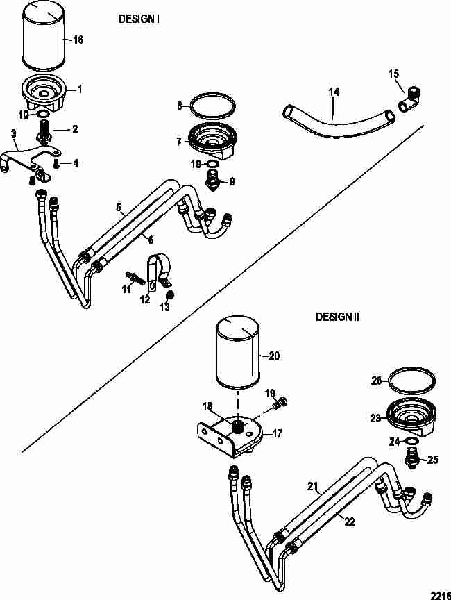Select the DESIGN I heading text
[x=139, y=19]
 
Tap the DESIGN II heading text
[x=337, y=317]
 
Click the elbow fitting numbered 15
[x=410, y=100]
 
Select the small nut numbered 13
[x=170, y=295]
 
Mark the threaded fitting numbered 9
[x=212, y=179]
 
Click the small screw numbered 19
[x=280, y=402]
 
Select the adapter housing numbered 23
[x=411, y=417]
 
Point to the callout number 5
[x=119, y=208]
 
